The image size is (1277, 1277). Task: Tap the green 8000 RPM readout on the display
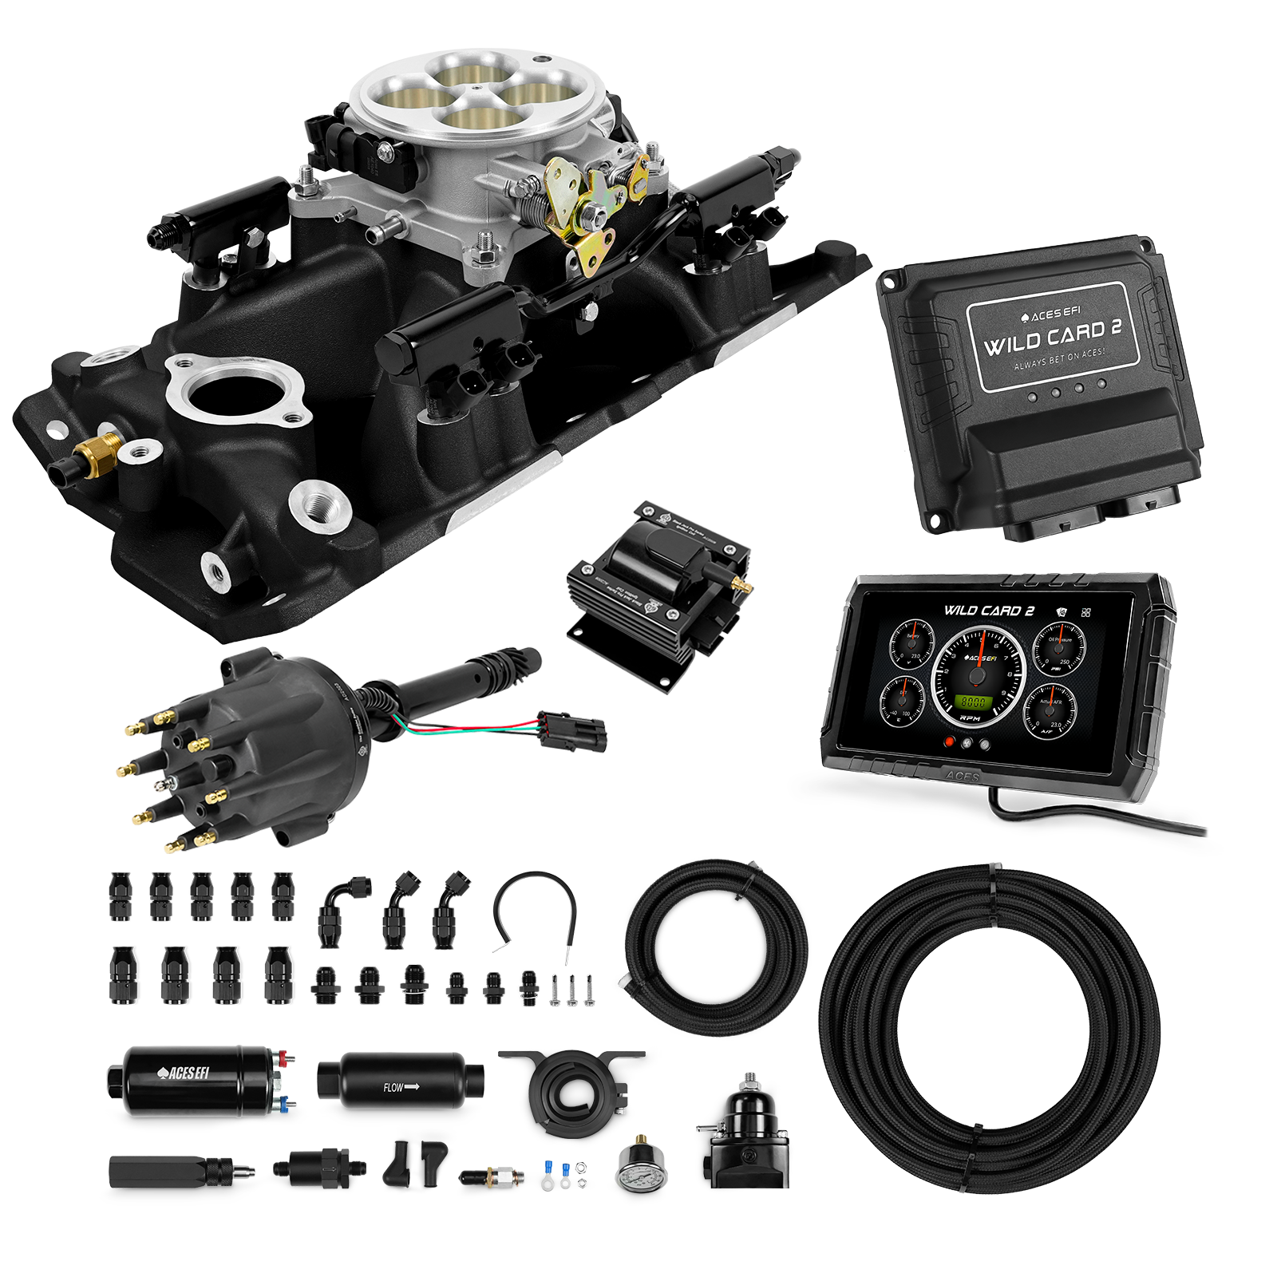coord(972,702)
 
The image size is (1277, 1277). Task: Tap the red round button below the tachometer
coord(950,742)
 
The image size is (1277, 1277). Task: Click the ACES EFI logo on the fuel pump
coord(184,1073)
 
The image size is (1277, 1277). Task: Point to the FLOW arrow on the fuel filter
coord(404,1088)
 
